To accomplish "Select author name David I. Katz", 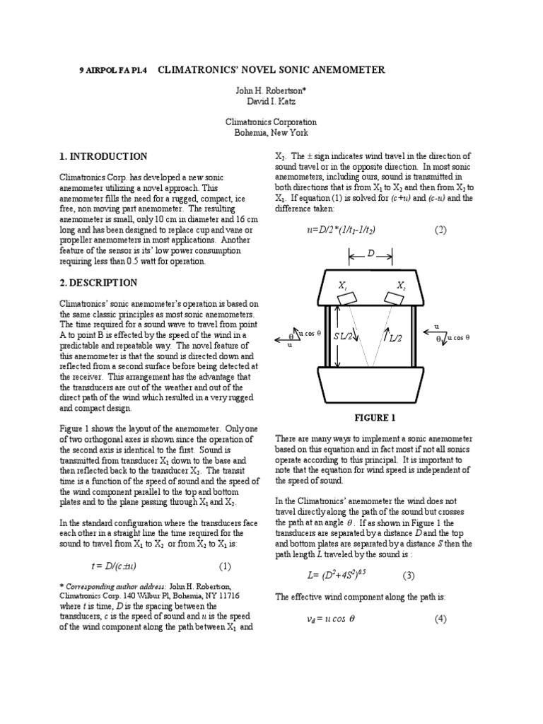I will [271, 102].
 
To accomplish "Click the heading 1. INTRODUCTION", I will [103, 156].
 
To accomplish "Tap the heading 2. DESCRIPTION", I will [100, 283].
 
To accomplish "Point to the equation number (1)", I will [225, 566].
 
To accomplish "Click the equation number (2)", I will [441, 230].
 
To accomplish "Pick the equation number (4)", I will [441, 619].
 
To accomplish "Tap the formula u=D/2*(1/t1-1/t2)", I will [340, 230].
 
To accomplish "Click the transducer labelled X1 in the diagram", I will [346, 299].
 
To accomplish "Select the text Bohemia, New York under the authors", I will [271, 132].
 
